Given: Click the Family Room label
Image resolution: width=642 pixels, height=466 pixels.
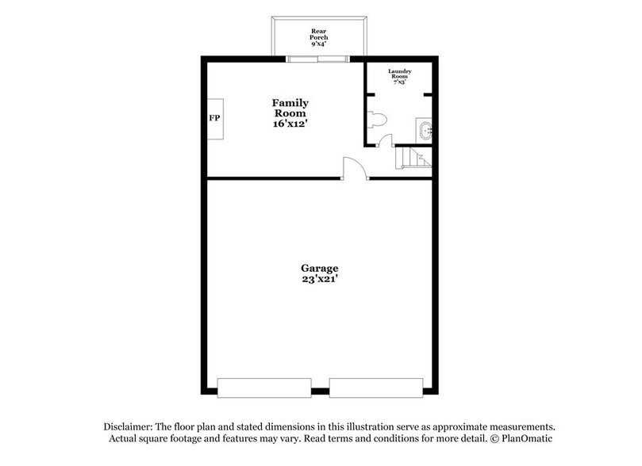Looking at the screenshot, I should tap(290, 109).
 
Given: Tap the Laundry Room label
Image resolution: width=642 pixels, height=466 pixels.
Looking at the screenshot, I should tap(399, 74).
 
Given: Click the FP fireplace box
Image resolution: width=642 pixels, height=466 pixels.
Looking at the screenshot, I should tap(215, 119).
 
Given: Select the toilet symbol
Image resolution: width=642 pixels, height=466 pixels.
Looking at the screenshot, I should tap(377, 120).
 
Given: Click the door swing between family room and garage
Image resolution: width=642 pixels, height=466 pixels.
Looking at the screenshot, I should tap(355, 168).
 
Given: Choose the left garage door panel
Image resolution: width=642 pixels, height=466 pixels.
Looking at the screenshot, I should tap(264, 388).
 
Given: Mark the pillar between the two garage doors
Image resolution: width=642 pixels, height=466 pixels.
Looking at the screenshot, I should tap(319, 391).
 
